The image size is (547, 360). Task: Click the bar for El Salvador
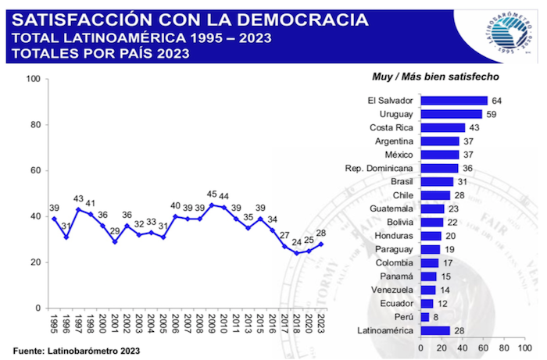[454, 101]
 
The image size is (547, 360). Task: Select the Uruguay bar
[451, 114]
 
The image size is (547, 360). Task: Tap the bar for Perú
[424, 317]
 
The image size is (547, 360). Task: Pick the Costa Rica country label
[391, 127]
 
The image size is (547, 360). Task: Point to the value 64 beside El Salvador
[496, 101]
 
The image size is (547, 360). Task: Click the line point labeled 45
[211, 205]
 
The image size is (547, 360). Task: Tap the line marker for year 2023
[321, 244]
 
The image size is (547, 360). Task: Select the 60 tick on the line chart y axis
[35, 170]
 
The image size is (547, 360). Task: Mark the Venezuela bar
[427, 290]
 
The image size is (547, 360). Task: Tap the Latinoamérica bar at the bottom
[435, 330]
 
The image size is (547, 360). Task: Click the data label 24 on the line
[297, 242]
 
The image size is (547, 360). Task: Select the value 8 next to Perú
[435, 317]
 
